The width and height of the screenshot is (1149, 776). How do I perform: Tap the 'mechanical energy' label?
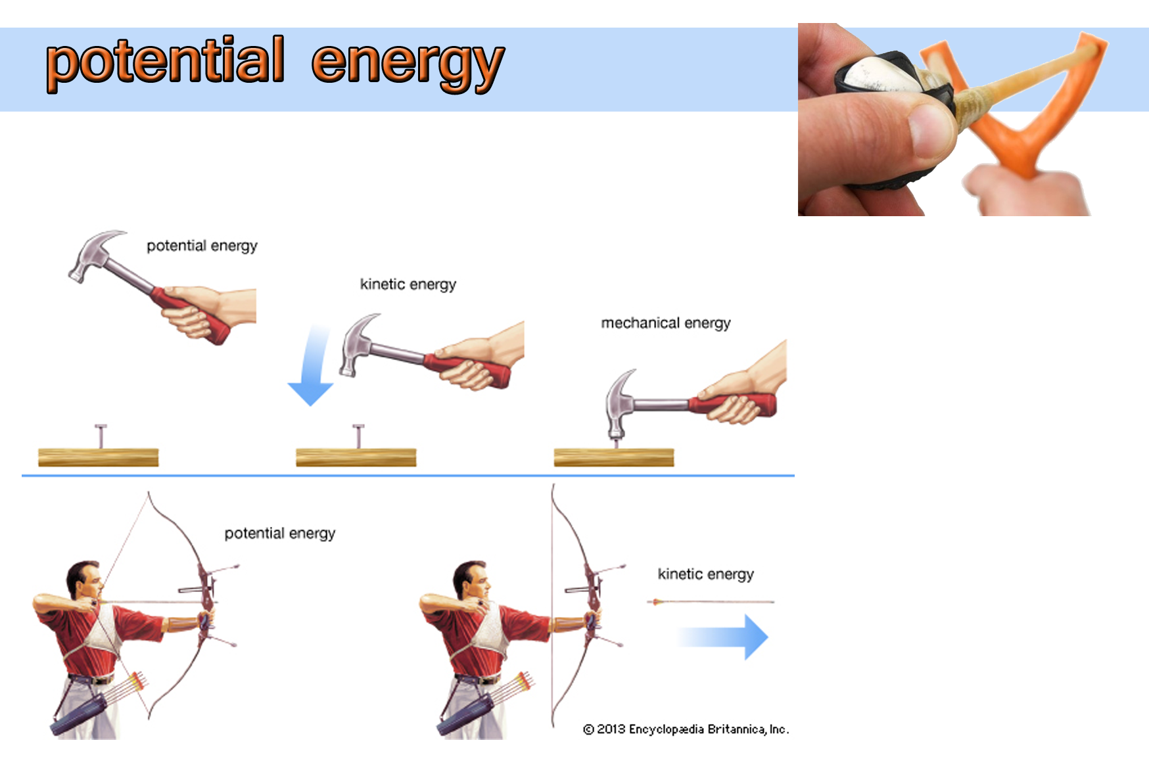666,323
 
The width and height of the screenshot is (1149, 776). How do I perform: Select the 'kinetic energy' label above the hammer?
408,285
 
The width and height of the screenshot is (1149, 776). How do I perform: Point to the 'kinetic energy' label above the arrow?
706,574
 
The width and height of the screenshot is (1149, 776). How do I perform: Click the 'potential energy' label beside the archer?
280,534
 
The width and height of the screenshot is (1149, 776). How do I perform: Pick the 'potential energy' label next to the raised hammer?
202,246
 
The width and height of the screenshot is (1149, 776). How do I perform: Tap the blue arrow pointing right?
722,637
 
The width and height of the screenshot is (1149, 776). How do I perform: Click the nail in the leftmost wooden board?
101,436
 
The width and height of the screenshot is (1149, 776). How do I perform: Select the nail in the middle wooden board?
358,436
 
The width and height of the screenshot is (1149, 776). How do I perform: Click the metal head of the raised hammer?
92,255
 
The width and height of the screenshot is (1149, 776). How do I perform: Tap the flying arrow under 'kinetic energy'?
711,601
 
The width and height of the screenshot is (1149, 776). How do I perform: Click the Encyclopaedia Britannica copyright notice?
686,729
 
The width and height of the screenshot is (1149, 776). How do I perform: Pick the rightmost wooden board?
614,457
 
